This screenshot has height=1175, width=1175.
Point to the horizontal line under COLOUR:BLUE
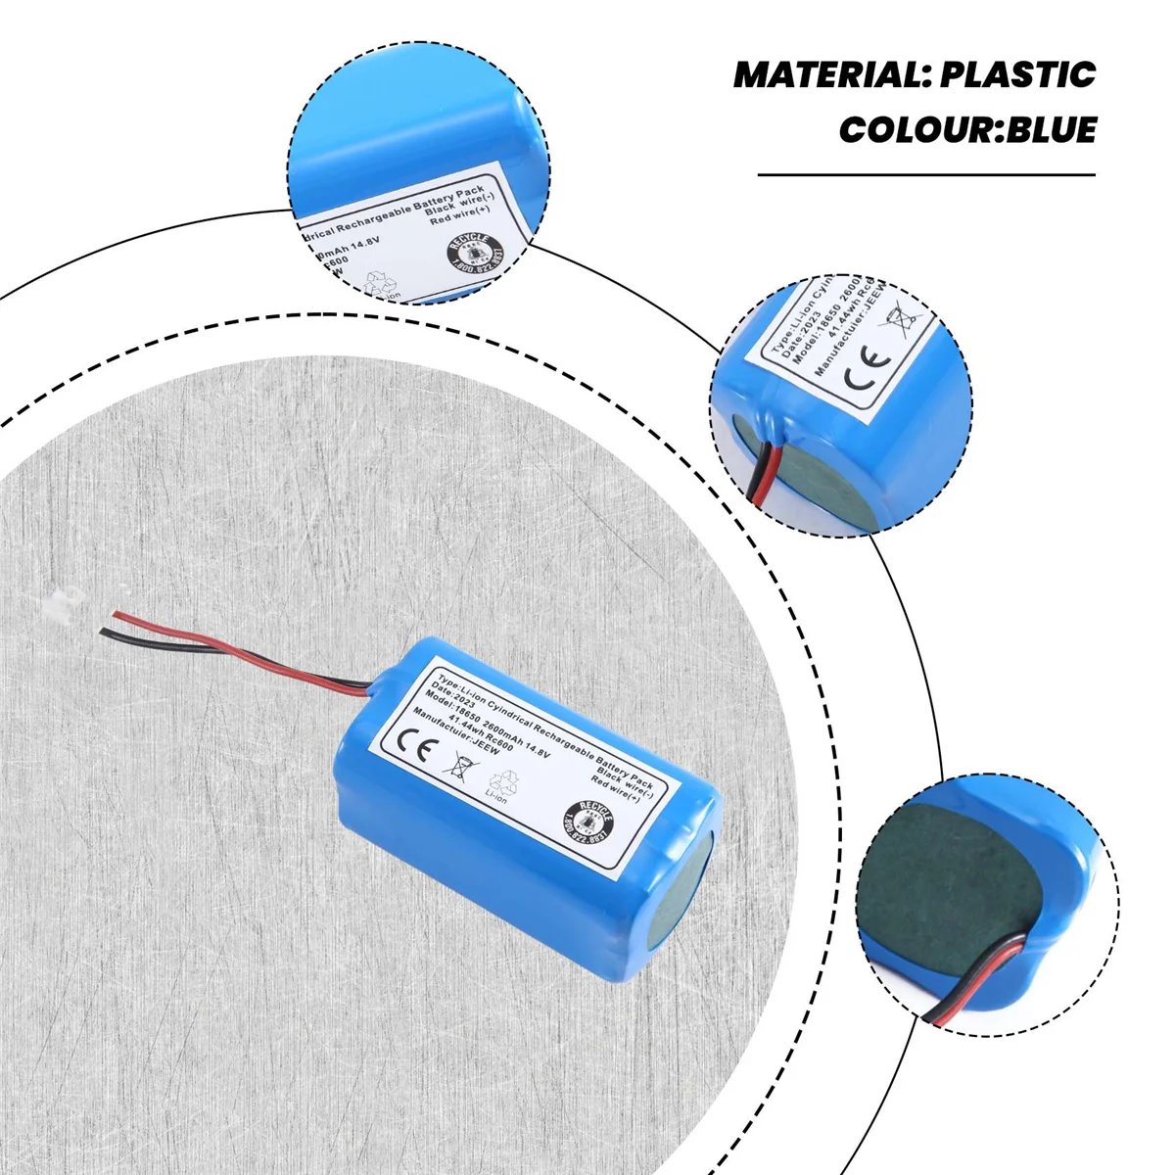(x=926, y=175)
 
